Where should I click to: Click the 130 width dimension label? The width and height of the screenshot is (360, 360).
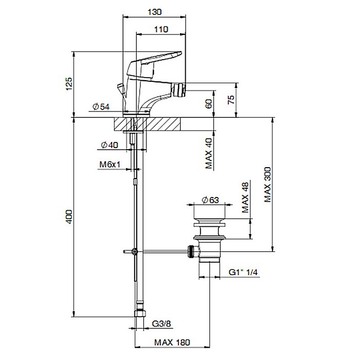154,12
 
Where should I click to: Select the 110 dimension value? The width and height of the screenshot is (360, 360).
161,29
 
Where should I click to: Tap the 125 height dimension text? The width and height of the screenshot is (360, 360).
69,84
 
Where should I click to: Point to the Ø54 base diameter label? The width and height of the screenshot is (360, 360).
101,106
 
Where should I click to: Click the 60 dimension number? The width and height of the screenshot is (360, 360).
209,104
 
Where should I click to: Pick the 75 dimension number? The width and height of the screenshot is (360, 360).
231,99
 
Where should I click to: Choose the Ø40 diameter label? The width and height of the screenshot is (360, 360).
110,145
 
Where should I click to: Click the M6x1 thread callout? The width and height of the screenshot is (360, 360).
110,165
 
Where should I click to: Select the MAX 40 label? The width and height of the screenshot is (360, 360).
209,153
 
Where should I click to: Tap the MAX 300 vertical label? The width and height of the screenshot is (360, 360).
267,185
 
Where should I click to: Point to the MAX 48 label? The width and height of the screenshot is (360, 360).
245,197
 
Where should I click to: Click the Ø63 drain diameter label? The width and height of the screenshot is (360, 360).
210,200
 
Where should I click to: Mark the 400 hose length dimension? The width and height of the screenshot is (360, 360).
69,217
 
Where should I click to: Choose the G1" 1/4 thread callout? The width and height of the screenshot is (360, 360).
243,272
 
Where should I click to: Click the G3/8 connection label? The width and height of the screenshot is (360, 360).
161,323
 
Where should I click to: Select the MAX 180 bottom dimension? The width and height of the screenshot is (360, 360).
172,343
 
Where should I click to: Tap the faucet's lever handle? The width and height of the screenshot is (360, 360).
154,64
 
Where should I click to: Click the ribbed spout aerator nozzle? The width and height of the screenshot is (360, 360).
179,91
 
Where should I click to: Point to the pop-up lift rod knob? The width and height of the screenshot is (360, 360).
121,88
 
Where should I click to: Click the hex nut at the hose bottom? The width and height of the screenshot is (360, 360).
140,313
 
